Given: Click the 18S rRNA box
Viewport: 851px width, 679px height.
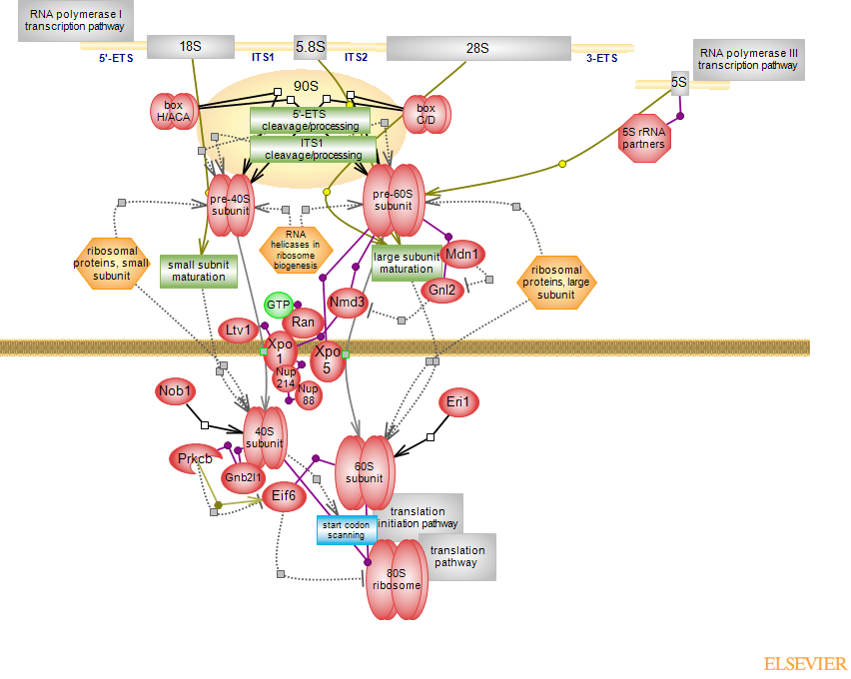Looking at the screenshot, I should [190, 47].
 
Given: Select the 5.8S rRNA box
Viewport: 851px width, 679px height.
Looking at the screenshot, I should [310, 47].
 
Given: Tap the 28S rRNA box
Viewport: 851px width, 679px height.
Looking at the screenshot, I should [477, 47].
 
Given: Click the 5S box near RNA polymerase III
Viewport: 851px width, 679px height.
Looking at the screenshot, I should [679, 84].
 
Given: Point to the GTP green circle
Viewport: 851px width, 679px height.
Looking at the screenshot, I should [277, 305].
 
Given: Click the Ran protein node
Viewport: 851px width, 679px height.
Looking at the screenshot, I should [303, 322].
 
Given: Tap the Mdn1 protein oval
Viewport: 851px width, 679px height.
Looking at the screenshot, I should [462, 255].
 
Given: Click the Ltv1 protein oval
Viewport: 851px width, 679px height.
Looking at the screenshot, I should [238, 330].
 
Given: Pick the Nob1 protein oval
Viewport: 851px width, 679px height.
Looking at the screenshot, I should [175, 390].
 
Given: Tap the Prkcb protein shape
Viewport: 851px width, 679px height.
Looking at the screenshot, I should [193, 459].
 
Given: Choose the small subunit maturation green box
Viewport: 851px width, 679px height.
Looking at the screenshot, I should [198, 271].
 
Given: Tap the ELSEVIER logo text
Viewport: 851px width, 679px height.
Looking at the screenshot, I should [805, 663].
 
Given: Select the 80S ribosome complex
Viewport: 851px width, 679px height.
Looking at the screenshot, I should [397, 579].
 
